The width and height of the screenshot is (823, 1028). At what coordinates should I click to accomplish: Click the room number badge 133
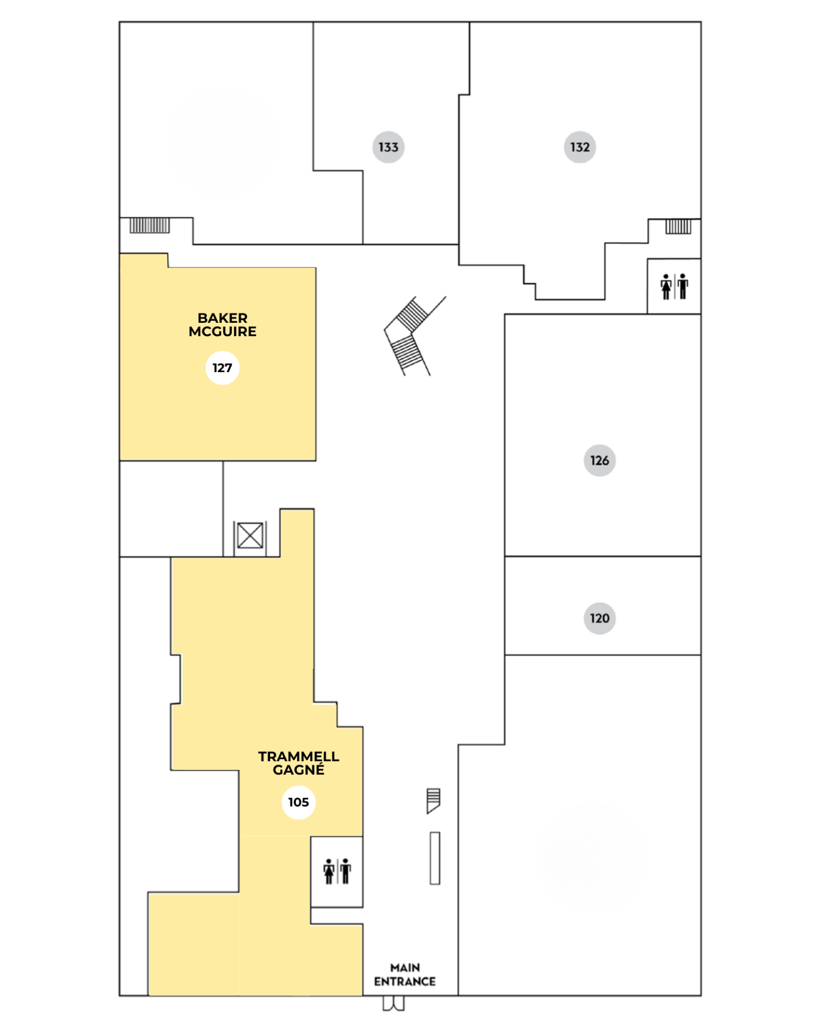(x=388, y=147)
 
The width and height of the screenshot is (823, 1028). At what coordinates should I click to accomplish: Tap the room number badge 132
(x=580, y=147)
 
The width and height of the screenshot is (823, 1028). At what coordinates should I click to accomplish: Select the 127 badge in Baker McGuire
(x=222, y=368)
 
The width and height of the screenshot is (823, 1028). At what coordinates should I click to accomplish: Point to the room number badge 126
(x=600, y=460)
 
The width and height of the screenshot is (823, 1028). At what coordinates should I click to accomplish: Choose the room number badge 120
(x=600, y=618)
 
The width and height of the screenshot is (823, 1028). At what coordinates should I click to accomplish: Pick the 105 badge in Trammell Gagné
(x=298, y=802)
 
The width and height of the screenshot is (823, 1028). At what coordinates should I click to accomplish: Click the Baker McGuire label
(x=222, y=324)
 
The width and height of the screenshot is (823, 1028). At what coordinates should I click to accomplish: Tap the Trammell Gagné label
(x=298, y=763)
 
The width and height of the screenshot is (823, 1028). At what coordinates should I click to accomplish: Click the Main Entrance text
(x=405, y=974)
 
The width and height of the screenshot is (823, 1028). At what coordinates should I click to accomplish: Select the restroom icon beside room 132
(x=674, y=286)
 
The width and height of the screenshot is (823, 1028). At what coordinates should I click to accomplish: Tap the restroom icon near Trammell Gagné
(x=337, y=871)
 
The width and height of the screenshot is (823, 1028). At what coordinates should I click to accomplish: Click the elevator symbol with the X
(x=250, y=535)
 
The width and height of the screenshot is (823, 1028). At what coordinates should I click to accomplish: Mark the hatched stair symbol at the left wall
(x=149, y=225)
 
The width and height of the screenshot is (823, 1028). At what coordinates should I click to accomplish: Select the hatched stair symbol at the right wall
(x=678, y=226)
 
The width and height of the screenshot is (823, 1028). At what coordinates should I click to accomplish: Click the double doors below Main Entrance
(x=394, y=1003)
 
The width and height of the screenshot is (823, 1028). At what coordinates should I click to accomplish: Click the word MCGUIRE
(x=222, y=331)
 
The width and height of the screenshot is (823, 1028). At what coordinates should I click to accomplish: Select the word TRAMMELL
(x=298, y=757)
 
